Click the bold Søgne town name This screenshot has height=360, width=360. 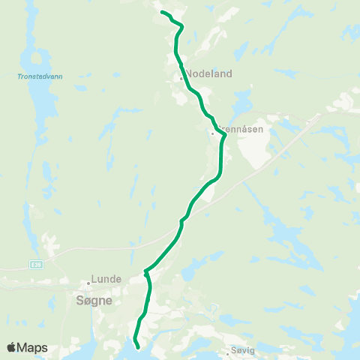coord(94,299)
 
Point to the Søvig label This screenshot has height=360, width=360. coord(246,350)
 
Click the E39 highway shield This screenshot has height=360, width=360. coord(37,265)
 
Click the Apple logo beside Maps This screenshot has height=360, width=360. coord(12,347)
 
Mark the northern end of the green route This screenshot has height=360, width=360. coord(162,12)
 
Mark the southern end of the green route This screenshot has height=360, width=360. coord(137,346)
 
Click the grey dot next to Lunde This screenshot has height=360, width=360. coord(88,283)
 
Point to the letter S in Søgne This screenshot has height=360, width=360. coord(79,299)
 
